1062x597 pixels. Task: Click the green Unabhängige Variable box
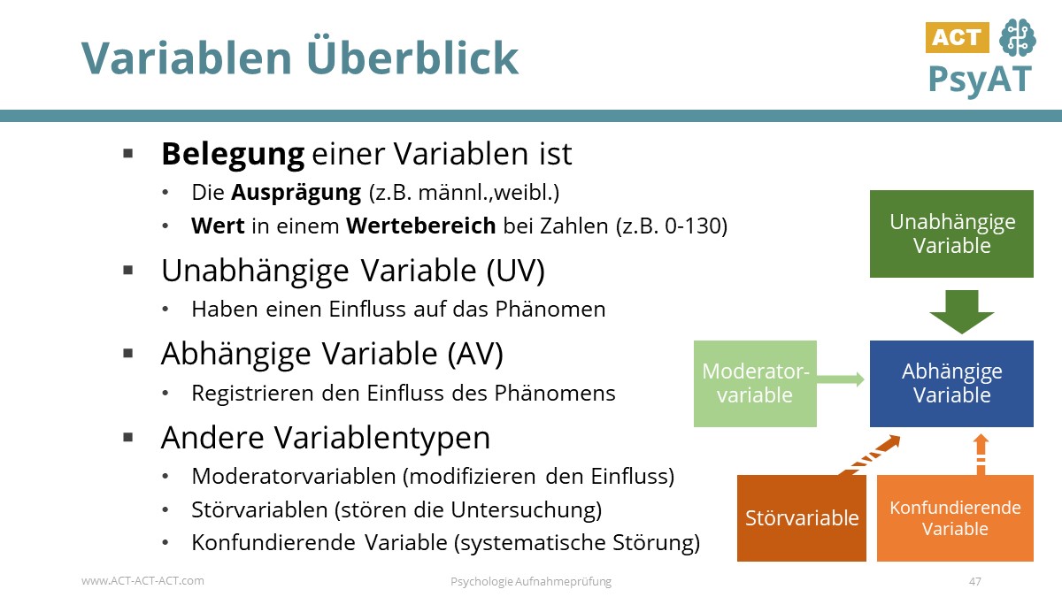[951, 233]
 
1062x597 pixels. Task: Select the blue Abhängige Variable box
[951, 383]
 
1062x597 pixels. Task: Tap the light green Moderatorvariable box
[755, 383]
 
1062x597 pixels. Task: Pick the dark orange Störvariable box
[802, 518]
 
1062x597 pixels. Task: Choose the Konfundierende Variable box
[955, 518]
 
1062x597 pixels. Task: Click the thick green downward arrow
[962, 310]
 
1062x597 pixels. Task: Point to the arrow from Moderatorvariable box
[841, 379]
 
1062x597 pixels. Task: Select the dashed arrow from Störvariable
[869, 455]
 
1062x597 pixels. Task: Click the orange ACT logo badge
[957, 37]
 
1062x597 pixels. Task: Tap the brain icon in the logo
[1016, 38]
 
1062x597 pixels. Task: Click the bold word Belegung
[232, 155]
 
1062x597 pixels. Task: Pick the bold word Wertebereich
[420, 226]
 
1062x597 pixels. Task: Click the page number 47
[975, 581]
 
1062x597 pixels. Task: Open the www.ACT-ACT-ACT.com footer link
[142, 581]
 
